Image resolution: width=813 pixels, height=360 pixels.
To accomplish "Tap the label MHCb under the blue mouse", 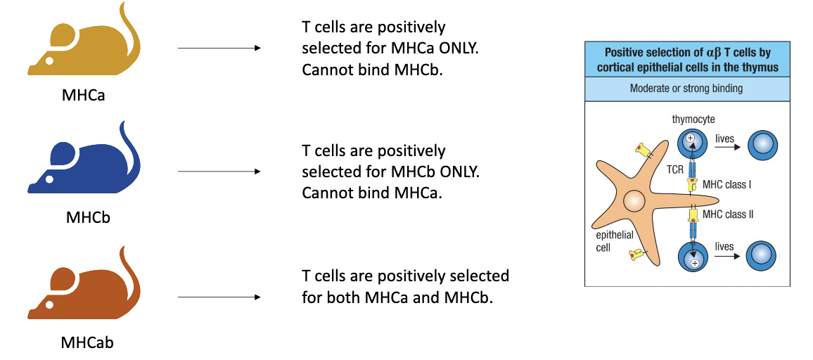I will tap(87, 217).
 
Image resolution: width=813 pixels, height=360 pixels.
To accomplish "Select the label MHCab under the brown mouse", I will tap(87, 343).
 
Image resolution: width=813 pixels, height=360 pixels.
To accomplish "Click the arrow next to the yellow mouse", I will tap(219, 48).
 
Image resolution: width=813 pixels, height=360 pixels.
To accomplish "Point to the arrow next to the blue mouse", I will tap(219, 171).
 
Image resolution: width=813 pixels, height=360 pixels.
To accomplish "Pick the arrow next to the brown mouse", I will tap(219, 297).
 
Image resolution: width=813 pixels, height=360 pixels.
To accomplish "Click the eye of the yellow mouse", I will tap(49, 61).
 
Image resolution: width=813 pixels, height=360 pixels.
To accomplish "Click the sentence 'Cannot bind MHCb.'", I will tap(372, 70).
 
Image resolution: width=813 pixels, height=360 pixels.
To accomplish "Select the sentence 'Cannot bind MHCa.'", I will tap(372, 193).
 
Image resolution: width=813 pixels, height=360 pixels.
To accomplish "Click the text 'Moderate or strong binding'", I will tap(687, 89).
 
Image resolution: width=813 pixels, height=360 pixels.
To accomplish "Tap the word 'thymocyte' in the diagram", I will tap(693, 120).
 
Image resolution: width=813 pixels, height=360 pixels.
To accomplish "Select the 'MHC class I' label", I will tap(727, 185).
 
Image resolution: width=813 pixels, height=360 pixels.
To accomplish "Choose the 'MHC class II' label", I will tap(729, 214).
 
